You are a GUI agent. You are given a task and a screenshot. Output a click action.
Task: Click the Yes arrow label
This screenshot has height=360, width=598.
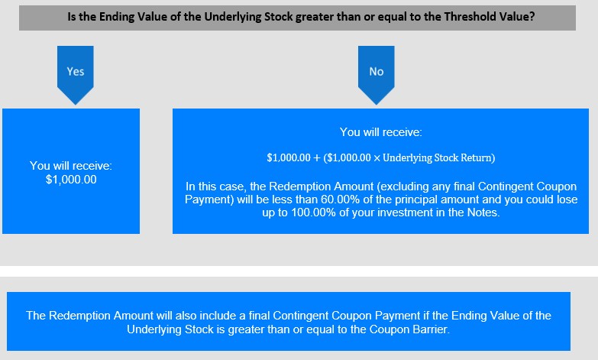tap(76, 71)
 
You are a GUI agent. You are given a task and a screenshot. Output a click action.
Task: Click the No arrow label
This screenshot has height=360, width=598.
tap(377, 71)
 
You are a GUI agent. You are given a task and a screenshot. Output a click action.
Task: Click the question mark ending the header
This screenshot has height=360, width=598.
tap(532, 17)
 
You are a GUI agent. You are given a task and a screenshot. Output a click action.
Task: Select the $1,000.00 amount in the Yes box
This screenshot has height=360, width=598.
tap(71, 180)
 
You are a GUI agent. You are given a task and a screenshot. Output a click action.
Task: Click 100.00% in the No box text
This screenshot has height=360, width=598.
tap(313, 212)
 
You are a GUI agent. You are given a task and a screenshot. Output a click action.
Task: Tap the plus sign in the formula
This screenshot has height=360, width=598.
tap(316, 158)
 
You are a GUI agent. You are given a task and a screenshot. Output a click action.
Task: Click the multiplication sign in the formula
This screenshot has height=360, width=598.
tap(377, 158)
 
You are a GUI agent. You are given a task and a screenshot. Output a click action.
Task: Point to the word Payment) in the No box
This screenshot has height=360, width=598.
tap(209, 199)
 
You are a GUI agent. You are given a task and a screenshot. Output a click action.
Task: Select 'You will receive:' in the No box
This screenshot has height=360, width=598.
tap(381, 132)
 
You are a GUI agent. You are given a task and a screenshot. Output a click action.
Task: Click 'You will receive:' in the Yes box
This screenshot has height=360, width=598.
tap(71, 166)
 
